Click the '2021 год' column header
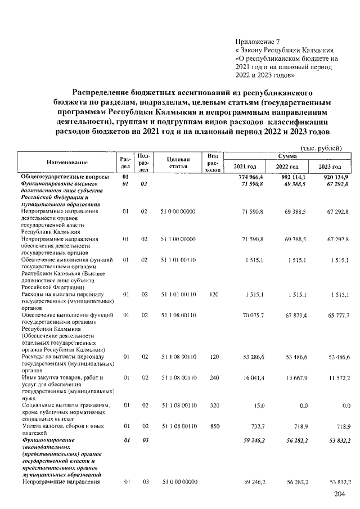245,167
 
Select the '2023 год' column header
330,167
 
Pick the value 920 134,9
334,177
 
